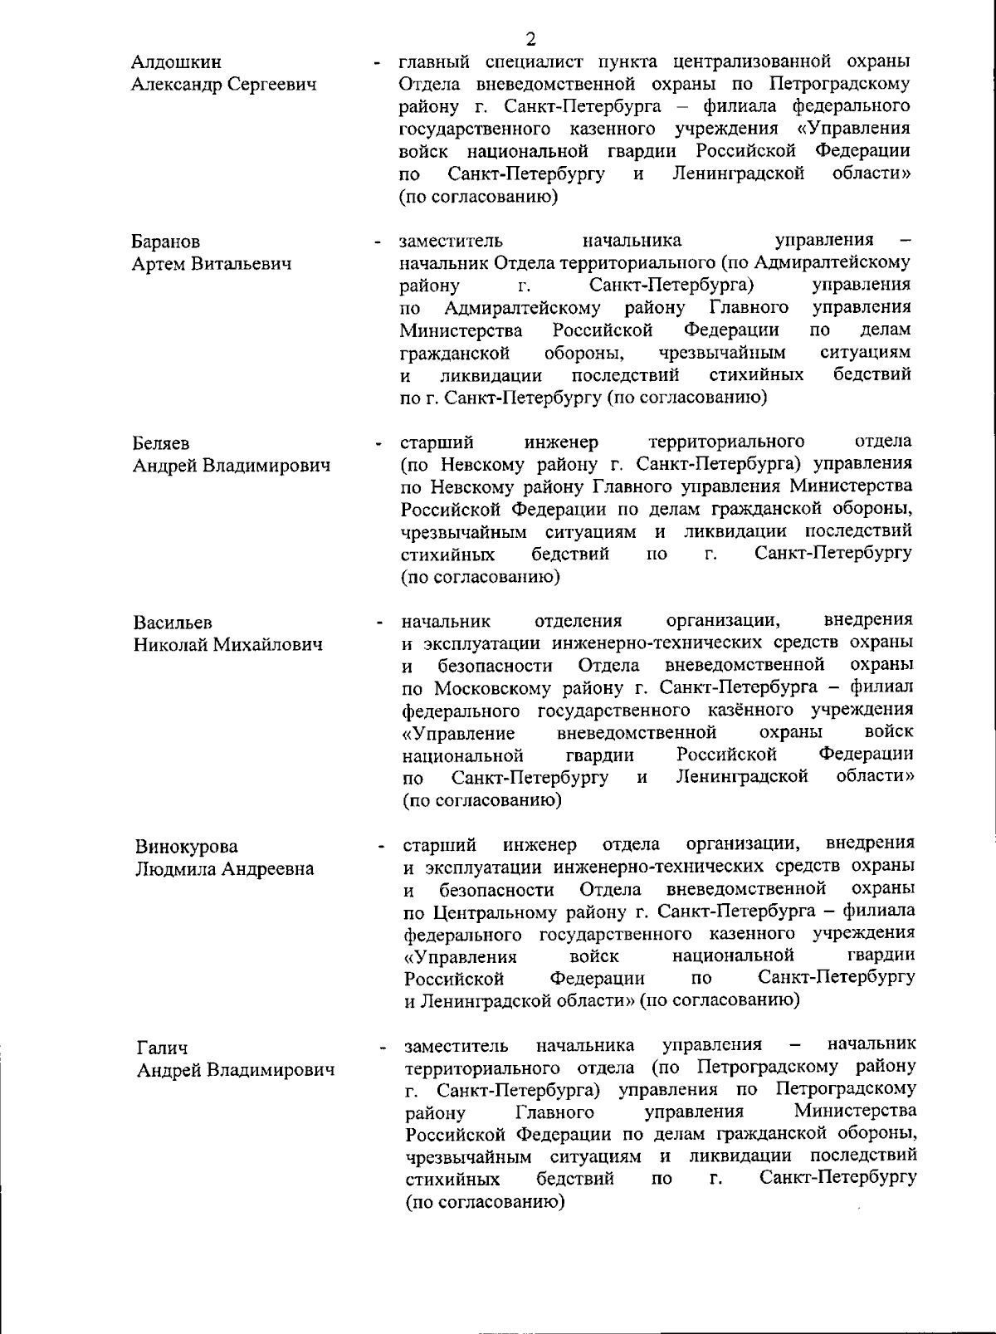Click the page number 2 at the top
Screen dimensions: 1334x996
[530, 38]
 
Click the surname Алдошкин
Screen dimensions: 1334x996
[177, 62]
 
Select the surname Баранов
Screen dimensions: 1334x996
[166, 242]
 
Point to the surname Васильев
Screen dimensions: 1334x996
[173, 623]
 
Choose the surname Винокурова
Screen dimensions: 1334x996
[187, 847]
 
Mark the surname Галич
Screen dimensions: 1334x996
[163, 1048]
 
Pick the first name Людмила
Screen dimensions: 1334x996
[176, 869]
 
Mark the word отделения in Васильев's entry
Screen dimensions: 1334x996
[579, 621]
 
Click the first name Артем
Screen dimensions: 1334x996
[159, 264]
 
